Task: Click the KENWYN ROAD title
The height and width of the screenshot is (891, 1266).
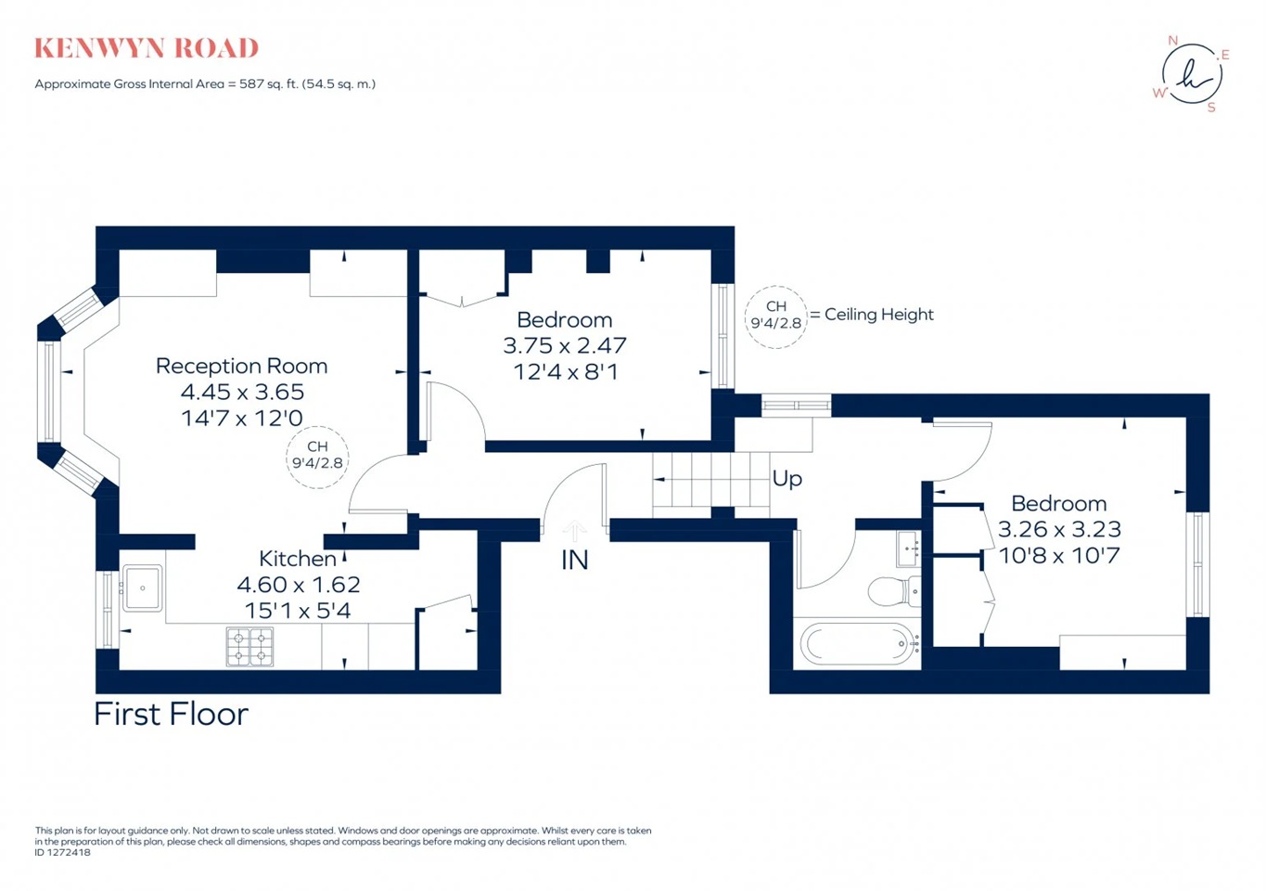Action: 147,48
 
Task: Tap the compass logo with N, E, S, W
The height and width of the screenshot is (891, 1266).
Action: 1192,74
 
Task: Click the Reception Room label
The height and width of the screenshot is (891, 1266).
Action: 241,366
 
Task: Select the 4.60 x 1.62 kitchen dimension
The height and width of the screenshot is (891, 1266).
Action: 298,585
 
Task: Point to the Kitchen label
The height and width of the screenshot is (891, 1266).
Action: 297,559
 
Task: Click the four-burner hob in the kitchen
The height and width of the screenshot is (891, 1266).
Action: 250,647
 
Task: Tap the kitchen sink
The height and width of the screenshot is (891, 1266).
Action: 143,588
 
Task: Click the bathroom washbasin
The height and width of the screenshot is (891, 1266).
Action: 907,549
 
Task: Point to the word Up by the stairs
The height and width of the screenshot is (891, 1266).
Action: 786,479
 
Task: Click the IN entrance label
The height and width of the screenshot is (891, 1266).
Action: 574,560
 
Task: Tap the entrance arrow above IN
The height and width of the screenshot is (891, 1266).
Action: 574,531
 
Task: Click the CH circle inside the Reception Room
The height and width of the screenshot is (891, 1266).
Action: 317,456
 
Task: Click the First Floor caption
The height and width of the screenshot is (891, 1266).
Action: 171,714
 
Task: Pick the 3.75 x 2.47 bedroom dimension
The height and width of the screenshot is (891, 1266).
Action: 564,345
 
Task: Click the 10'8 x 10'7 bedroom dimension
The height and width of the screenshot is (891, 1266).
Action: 1058,556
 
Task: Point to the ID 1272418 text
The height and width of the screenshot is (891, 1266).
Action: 63,852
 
